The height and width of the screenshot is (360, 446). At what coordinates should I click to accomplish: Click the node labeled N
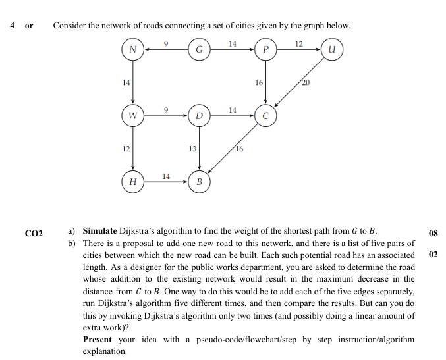tap(133, 49)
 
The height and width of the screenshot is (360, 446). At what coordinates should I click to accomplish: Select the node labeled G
tap(199, 49)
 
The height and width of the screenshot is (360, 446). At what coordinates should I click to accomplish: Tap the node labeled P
tap(265, 49)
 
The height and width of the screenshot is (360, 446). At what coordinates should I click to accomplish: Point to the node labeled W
tap(133, 116)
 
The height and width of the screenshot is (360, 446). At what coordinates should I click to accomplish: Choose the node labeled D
tap(199, 116)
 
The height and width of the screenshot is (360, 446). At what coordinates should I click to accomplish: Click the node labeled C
tap(265, 116)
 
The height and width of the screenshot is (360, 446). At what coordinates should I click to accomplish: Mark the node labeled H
tap(133, 180)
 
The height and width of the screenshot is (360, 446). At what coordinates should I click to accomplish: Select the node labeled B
tap(199, 180)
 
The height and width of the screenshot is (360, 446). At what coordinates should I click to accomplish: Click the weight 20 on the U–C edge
tap(305, 83)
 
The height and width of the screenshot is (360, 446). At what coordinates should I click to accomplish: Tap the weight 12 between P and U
tap(299, 43)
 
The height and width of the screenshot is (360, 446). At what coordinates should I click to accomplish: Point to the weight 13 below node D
tap(192, 149)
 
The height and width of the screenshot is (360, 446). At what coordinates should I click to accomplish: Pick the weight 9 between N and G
tap(167, 43)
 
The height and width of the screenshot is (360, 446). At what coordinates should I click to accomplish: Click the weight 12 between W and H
tap(126, 149)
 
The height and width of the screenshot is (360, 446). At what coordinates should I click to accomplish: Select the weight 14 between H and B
tap(167, 175)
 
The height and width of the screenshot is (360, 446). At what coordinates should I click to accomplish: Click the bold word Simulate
tap(100, 232)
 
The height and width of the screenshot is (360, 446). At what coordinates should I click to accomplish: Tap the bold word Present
tap(98, 339)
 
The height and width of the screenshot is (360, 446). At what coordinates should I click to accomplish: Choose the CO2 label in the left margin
tap(33, 233)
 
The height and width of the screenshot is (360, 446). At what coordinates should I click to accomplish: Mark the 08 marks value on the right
tap(433, 232)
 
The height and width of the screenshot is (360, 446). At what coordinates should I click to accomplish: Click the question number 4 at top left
tap(13, 26)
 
